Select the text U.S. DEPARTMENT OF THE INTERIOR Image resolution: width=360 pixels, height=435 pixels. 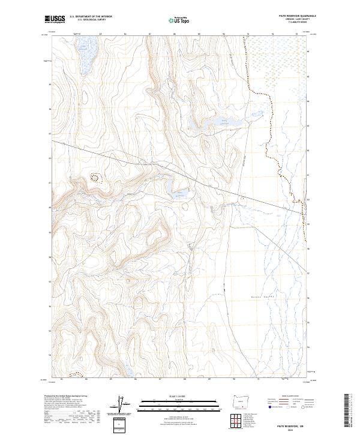pyautogui.click(x=91, y=17)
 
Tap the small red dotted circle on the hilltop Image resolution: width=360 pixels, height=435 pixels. pyautogui.click(x=95, y=177)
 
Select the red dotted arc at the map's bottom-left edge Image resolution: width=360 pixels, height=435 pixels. pyautogui.click(x=75, y=375)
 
